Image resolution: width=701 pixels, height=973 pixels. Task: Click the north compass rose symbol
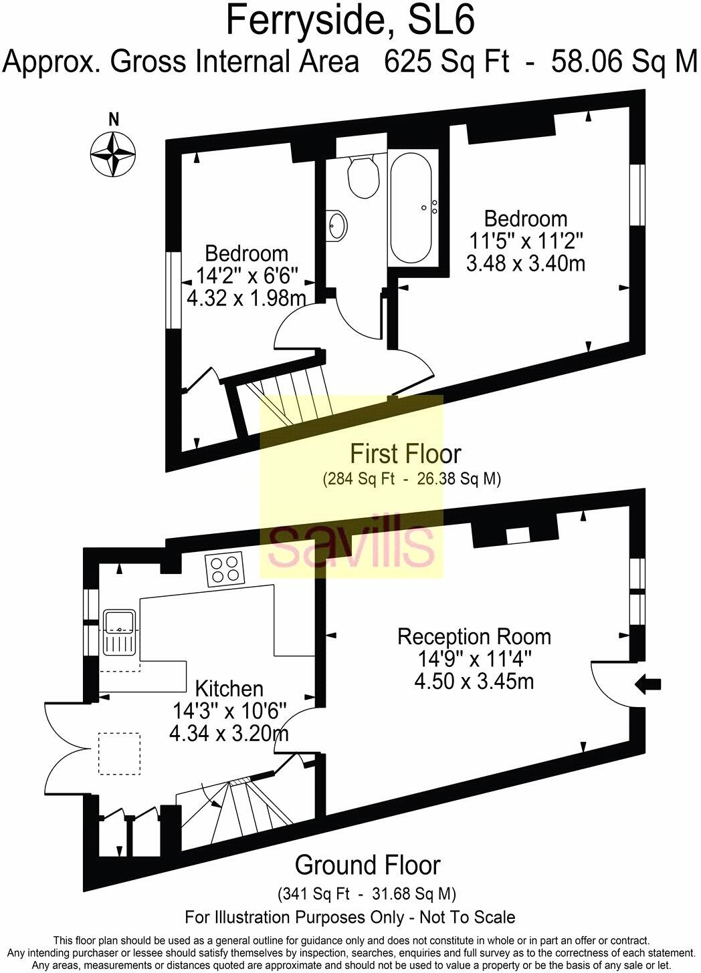112,154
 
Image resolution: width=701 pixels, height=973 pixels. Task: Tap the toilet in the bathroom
362,177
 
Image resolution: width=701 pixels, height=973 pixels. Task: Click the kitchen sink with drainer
120,632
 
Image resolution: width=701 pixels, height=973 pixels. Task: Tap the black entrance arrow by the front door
648,684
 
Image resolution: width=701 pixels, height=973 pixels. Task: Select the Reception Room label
474,638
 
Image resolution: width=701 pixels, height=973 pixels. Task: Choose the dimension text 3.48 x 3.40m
525,263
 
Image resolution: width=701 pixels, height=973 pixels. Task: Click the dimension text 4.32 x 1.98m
247,298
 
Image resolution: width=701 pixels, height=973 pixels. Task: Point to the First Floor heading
405,454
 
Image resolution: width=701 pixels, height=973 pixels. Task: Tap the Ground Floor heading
367,865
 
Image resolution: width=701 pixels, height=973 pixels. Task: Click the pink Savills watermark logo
351,544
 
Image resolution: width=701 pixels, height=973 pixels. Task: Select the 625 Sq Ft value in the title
447,61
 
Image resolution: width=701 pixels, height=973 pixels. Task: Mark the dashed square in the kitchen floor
119,754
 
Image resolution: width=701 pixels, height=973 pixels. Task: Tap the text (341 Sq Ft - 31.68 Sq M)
367,894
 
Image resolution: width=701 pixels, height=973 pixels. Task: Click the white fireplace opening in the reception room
518,535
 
